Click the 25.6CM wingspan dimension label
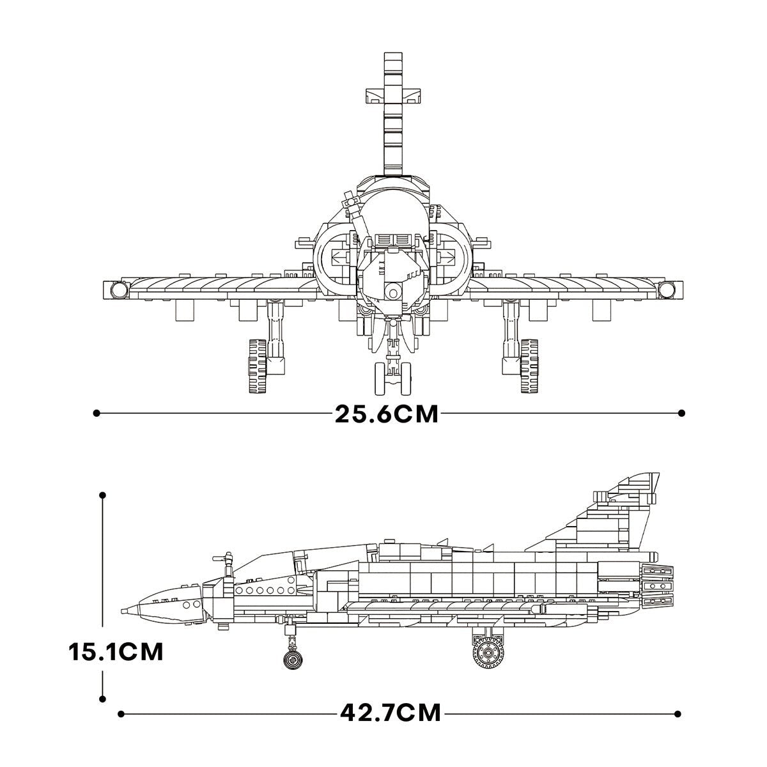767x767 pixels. (x=387, y=414)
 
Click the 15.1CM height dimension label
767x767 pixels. (x=116, y=653)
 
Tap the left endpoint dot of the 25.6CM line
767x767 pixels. (x=97, y=414)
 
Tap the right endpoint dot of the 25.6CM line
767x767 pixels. (x=681, y=414)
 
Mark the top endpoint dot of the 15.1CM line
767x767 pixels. (x=102, y=495)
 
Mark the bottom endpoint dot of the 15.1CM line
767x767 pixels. (x=102, y=700)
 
